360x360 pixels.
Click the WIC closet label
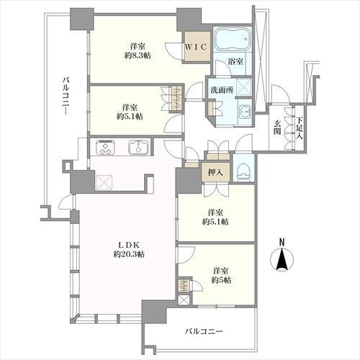click(196, 47)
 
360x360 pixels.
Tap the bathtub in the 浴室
click(232, 39)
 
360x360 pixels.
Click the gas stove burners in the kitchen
click(105, 147)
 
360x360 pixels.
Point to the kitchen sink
click(138, 147)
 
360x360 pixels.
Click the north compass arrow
click(282, 260)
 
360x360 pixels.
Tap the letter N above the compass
click(282, 242)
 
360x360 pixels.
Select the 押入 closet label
click(215, 172)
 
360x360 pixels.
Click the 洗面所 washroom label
click(222, 90)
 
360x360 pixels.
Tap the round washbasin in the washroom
click(245, 111)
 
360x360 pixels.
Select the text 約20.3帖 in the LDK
click(129, 254)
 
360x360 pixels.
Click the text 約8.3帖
click(138, 55)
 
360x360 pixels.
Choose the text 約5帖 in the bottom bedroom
click(221, 280)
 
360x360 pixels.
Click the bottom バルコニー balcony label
click(204, 332)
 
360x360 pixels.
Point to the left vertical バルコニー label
click(66, 96)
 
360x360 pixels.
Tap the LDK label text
click(129, 245)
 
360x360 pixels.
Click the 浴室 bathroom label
click(235, 61)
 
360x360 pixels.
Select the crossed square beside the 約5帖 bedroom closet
click(184, 300)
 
